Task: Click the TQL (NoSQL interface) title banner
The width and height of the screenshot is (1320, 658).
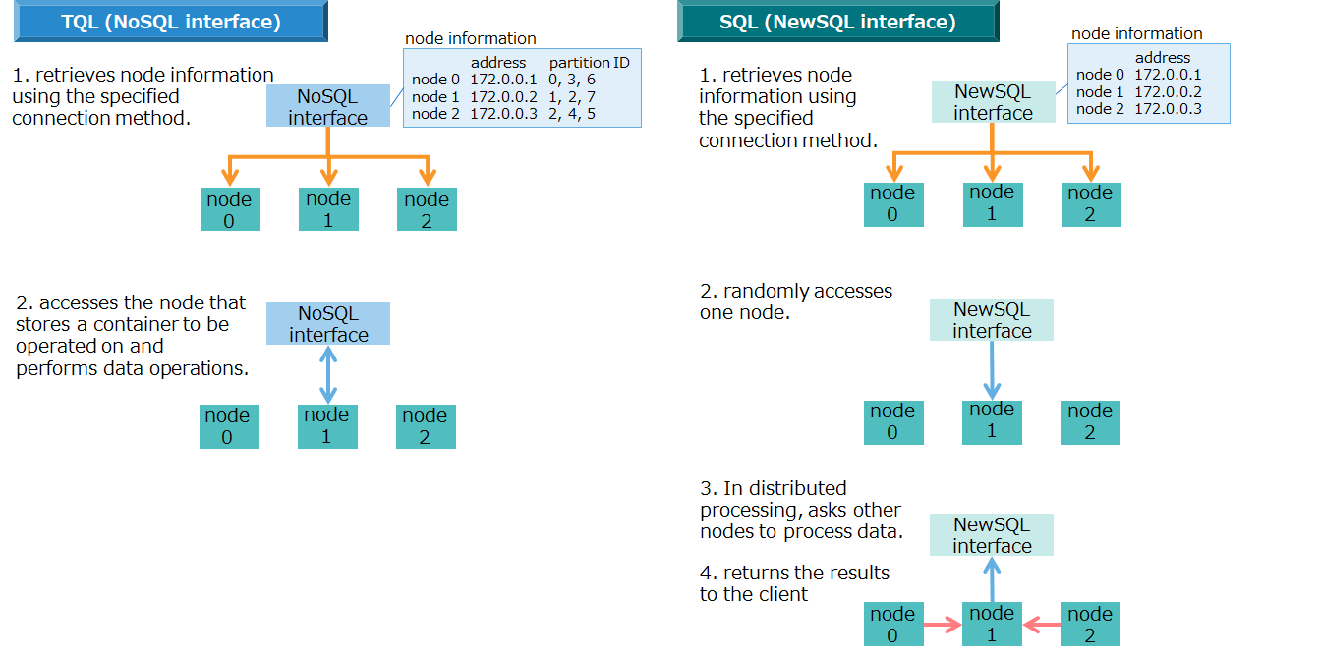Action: point(170,22)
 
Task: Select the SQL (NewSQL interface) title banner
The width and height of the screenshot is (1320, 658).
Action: point(837,22)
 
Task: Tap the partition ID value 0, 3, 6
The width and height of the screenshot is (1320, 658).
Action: point(571,80)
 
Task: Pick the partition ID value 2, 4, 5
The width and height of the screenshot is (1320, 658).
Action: point(571,113)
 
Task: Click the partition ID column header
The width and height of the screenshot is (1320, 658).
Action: point(589,63)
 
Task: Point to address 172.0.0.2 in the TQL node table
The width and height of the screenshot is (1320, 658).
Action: point(503,96)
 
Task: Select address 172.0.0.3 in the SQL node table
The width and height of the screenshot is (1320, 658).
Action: point(1168,109)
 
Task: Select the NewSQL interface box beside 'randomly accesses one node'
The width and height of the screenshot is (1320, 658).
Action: point(992,320)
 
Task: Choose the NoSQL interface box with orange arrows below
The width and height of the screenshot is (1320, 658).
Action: point(327,107)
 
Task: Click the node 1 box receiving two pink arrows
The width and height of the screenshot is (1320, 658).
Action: point(992,624)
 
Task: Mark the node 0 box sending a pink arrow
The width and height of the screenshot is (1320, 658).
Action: point(892,625)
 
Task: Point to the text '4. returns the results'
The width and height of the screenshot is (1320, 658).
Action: point(794,573)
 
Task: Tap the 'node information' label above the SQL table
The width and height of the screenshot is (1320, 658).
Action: point(1136,33)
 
